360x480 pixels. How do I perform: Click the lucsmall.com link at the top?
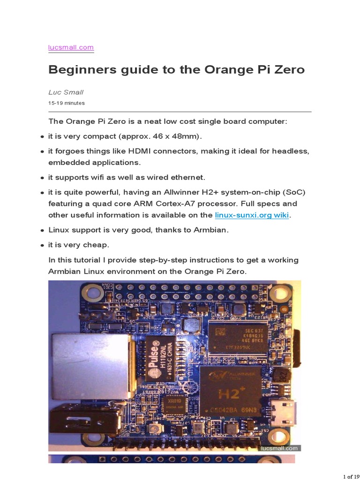71,47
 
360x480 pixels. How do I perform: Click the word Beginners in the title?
79,70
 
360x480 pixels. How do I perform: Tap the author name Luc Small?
66,92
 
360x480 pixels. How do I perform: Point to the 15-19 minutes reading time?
67,103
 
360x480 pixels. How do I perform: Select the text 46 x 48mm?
176,136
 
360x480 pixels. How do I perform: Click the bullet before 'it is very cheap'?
42,246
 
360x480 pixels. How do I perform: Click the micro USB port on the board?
285,410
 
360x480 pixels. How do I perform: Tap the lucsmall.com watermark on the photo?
279,448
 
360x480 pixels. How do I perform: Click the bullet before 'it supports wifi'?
42,178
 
